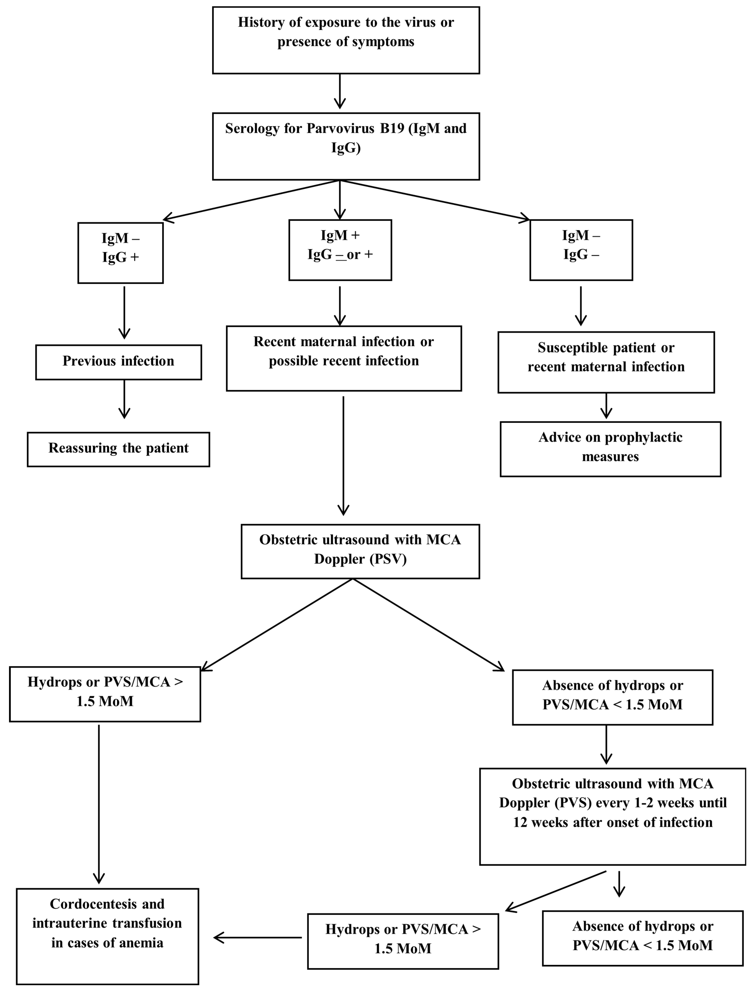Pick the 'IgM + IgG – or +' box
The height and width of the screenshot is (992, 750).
point(340,250)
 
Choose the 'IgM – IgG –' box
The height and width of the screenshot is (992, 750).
point(581,250)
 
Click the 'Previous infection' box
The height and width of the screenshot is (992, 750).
point(118,362)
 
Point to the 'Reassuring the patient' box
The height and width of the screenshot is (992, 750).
point(118,449)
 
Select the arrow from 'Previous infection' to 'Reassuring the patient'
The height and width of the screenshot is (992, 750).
point(124,399)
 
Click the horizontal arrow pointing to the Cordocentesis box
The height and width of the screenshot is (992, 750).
point(258,937)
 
